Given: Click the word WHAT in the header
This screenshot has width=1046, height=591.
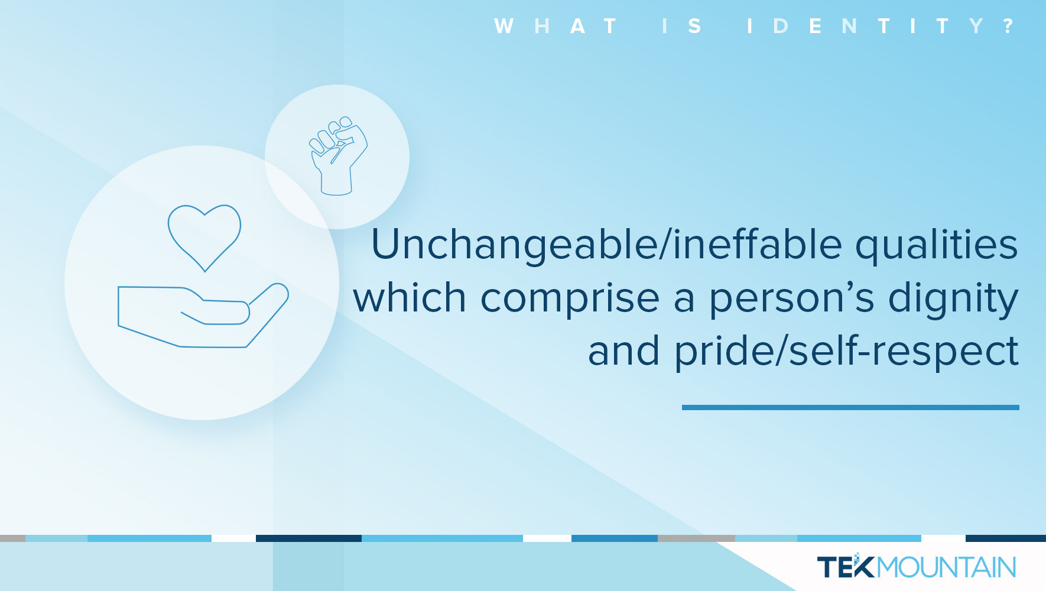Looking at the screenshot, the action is [x=556, y=26].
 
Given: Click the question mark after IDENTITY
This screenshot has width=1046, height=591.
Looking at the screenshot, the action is [x=1009, y=26].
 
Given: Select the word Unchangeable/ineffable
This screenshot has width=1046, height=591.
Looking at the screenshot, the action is [x=606, y=245].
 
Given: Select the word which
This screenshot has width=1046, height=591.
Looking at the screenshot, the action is [x=410, y=297].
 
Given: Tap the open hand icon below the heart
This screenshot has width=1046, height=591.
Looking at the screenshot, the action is [x=203, y=316].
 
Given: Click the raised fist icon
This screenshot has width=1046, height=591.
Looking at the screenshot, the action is [x=337, y=156].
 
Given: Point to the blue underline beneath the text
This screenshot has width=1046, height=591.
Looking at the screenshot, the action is [x=850, y=407].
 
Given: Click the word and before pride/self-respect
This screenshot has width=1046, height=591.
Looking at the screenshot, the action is [x=623, y=351].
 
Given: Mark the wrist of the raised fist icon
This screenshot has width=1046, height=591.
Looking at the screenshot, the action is [x=336, y=183].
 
